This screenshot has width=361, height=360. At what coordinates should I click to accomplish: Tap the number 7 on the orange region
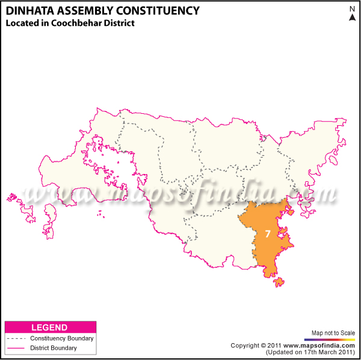tap(267, 233)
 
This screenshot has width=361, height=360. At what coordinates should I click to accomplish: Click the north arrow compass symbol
tap(352, 17)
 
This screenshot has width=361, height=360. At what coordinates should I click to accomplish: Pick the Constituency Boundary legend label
tap(61, 338)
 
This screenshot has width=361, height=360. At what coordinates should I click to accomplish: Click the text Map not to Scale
tap(333, 332)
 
